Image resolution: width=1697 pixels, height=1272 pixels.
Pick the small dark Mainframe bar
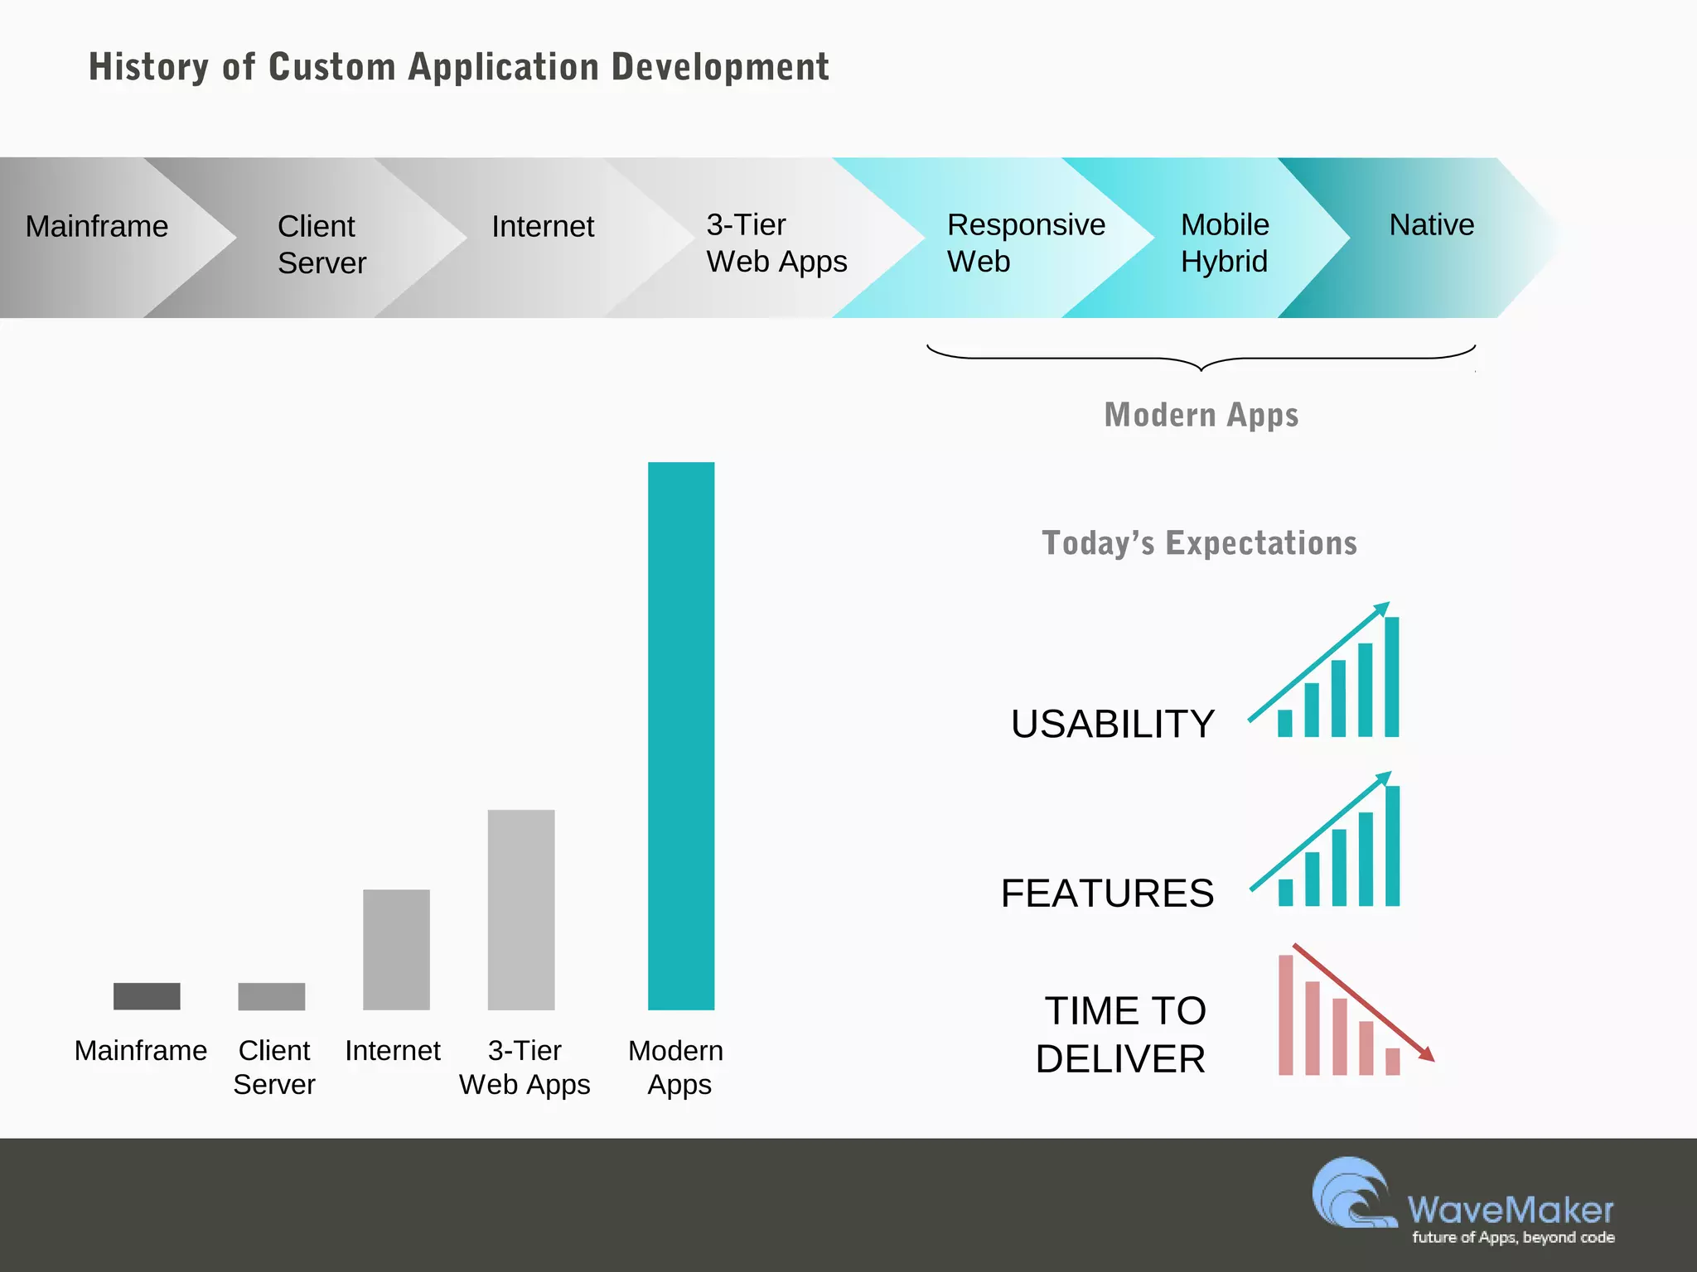pos(147,995)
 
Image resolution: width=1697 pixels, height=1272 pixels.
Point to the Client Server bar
pos(271,995)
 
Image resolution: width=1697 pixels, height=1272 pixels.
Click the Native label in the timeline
pos(1431,225)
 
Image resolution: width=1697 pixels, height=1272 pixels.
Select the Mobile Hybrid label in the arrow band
pos(1224,243)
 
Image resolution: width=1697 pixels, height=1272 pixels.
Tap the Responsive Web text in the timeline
pos(1025,243)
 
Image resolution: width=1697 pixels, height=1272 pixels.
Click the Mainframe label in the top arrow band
pos(96,226)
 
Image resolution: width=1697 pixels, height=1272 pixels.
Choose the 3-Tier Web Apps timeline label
pos(776,243)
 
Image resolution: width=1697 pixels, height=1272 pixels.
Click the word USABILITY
pos(1112,724)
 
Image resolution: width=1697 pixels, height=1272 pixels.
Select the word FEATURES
pos(1107,893)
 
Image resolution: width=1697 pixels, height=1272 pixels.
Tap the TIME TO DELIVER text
pos(1122,1034)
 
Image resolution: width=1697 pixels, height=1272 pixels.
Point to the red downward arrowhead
pos(1426,1054)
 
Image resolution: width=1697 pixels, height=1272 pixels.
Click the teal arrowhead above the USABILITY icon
pos(1381,609)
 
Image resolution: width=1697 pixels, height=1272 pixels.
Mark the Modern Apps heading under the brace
pos(1201,414)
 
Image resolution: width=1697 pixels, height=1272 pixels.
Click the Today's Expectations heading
pos(1199,543)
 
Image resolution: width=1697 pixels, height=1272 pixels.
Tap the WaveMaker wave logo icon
pos(1353,1193)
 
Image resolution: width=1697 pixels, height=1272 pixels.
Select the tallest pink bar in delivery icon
pos(1285,1014)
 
